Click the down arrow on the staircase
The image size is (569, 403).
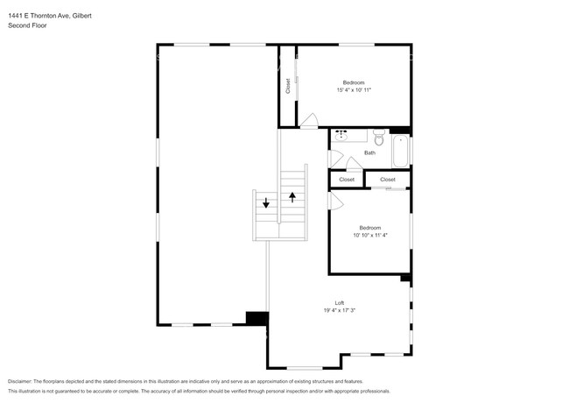(267, 203)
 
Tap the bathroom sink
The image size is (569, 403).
(341, 136)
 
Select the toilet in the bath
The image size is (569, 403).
(379, 138)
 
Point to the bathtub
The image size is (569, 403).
(400, 151)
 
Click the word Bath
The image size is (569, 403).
(369, 152)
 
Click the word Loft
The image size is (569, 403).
(339, 302)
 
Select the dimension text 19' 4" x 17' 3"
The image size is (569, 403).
(339, 310)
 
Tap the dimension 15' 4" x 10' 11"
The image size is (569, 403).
(354, 89)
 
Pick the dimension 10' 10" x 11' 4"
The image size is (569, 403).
(369, 235)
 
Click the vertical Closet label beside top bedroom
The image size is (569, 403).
(287, 86)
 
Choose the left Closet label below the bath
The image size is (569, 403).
(347, 180)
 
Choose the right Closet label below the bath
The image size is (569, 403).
(387, 180)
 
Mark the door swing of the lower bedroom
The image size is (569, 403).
(334, 201)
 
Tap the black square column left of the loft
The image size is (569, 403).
(256, 319)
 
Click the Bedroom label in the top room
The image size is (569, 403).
(354, 82)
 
